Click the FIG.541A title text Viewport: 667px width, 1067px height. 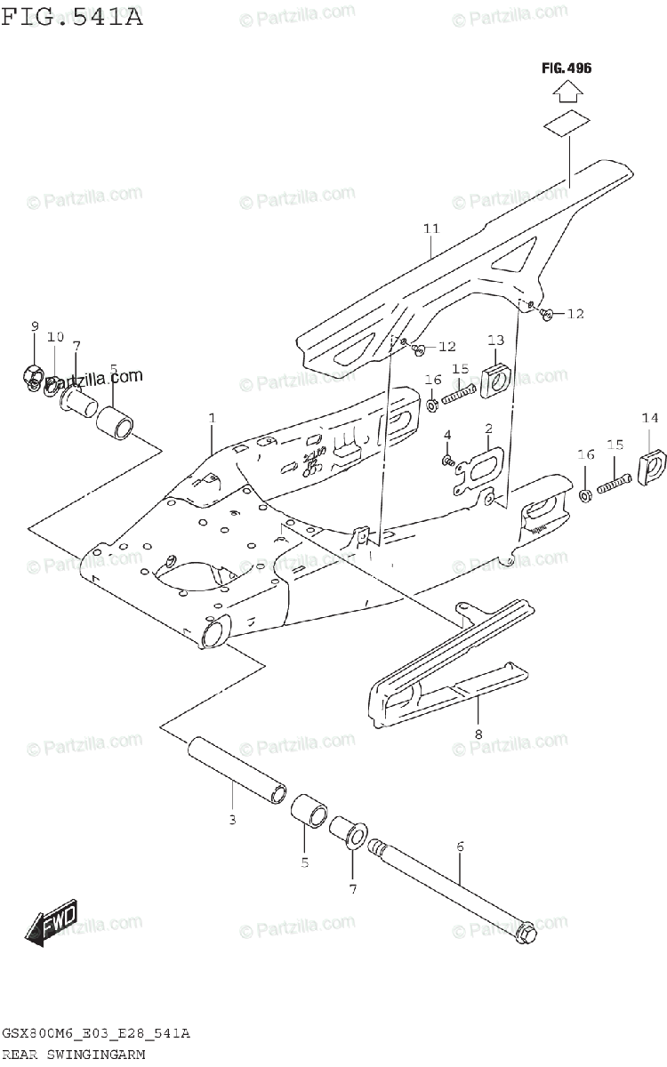(x=73, y=15)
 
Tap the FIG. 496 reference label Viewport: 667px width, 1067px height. (x=567, y=68)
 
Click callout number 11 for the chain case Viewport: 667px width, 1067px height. (x=431, y=229)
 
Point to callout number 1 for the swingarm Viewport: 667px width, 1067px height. (x=212, y=417)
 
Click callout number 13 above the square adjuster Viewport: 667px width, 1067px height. (x=495, y=340)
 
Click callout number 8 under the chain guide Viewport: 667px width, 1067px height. (x=478, y=734)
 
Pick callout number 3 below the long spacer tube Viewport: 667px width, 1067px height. (x=231, y=819)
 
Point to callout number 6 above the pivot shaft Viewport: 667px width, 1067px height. (x=460, y=847)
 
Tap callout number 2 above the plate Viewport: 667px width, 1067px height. (x=488, y=429)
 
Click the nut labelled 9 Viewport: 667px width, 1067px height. (x=31, y=376)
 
